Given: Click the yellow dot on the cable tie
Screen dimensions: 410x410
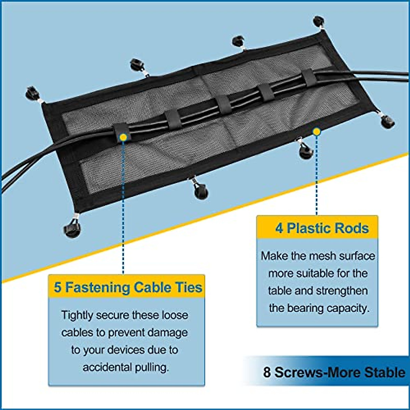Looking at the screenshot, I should point(123,137).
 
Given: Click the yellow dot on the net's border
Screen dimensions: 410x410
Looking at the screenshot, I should point(317,132).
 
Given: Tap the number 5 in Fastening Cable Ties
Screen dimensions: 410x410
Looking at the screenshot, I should point(57,287).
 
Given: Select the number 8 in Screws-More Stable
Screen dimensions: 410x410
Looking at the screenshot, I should point(267,372).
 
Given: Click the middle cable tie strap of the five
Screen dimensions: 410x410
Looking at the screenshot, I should point(223,105).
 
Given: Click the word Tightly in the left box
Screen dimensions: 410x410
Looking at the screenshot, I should point(77,315).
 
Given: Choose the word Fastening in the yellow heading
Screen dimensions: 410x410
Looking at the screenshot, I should point(97,287).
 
